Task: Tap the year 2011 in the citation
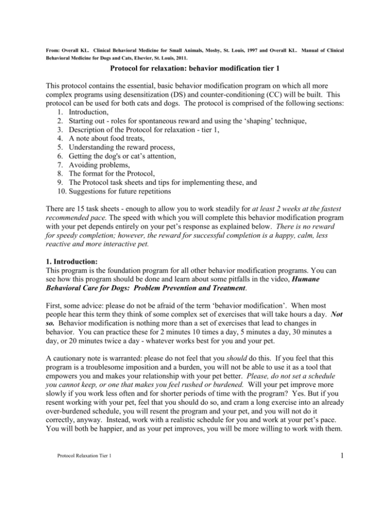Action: pyautogui.click(x=197, y=59)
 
